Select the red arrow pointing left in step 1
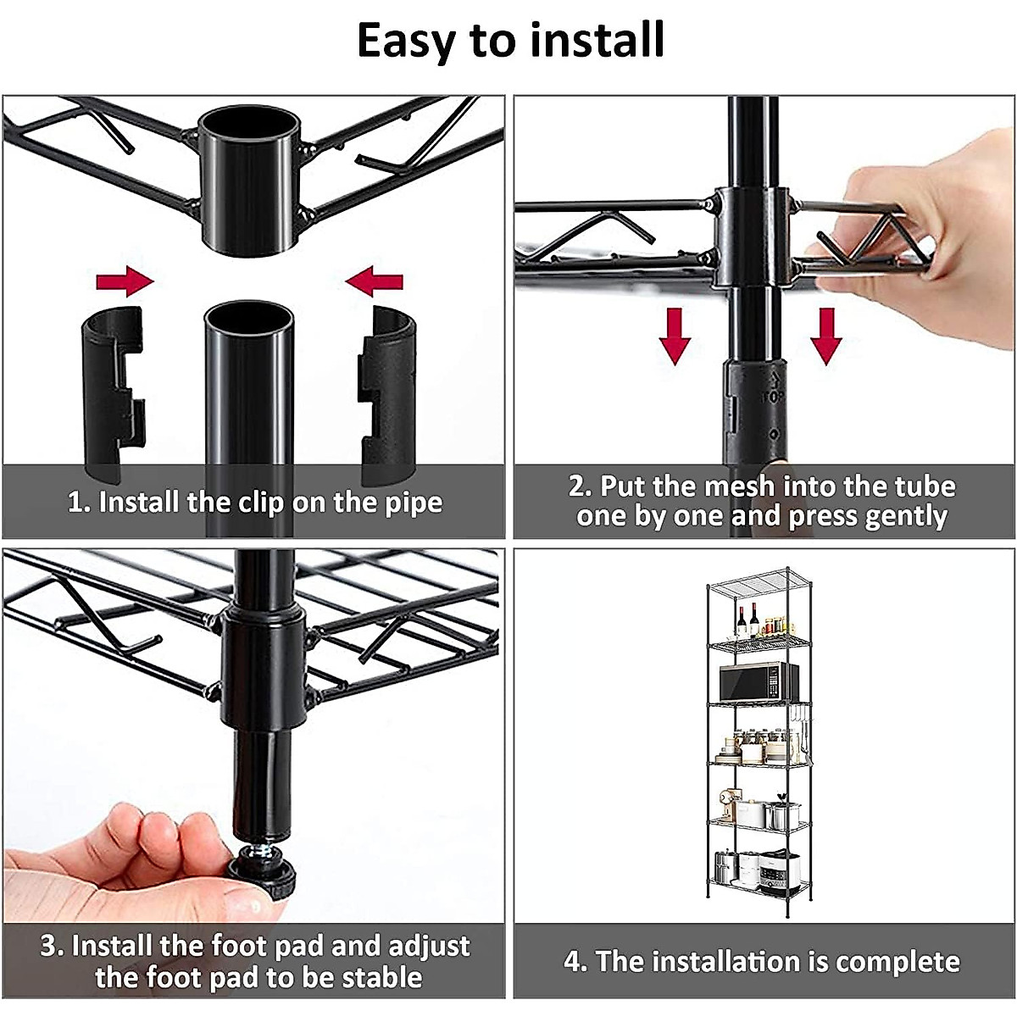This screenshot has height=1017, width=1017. (x=375, y=281)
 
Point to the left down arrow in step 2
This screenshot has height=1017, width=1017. (x=675, y=336)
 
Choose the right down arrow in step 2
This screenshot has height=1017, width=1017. (x=825, y=336)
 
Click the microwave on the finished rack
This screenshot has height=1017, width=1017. (x=758, y=681)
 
